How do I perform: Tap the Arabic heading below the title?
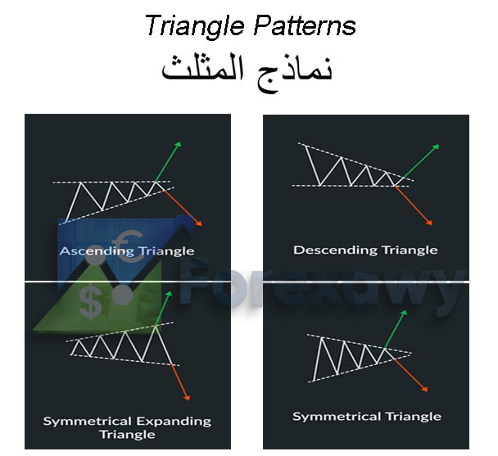247,70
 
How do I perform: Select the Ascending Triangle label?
127,251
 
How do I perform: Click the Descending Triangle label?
365,250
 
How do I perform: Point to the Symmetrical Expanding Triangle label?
127,427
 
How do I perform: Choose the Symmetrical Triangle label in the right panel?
366,417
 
